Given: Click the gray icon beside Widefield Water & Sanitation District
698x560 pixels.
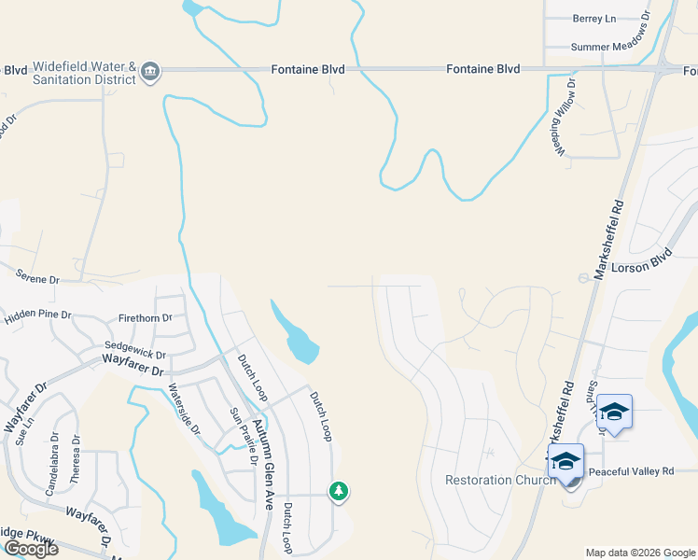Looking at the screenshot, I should tap(150, 71).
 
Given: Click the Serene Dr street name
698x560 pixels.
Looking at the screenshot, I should tap(37, 278).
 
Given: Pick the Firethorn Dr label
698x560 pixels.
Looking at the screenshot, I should tap(146, 318).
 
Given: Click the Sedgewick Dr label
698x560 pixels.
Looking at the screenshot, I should tap(136, 356).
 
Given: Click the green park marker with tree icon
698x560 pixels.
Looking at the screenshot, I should tap(339, 490).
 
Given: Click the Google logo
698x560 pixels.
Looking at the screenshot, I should tap(31, 549).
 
